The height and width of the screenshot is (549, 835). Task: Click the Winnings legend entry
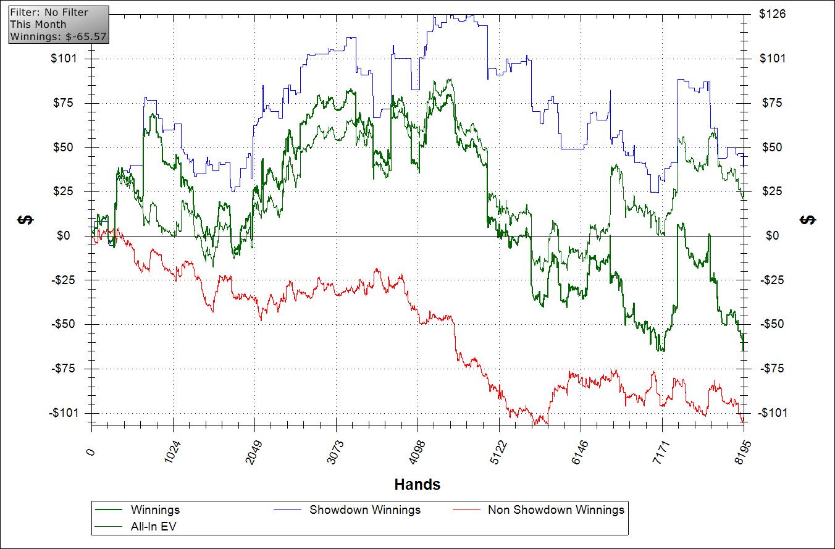(155, 509)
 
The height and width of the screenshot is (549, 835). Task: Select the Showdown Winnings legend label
(364, 509)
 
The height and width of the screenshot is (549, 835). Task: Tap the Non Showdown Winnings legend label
(556, 509)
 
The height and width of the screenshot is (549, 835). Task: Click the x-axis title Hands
(417, 484)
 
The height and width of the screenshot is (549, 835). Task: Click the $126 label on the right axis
(772, 14)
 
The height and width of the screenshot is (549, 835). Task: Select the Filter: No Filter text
(49, 12)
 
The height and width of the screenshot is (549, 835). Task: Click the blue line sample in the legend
(287, 509)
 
